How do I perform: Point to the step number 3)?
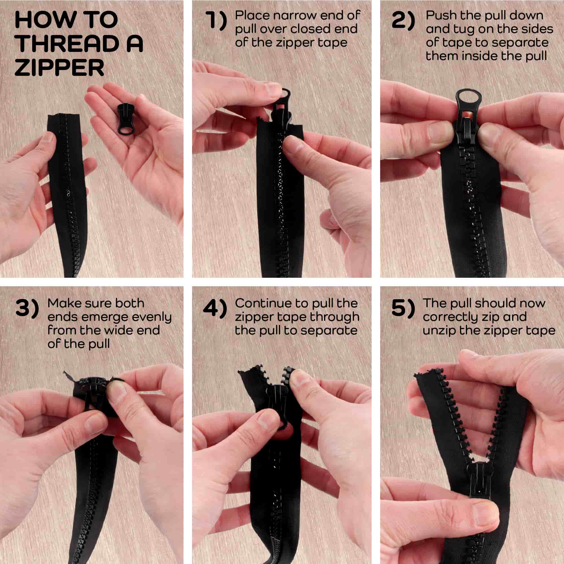point(27,309)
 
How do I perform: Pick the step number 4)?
point(215,309)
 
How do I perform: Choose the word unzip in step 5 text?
point(439,331)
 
